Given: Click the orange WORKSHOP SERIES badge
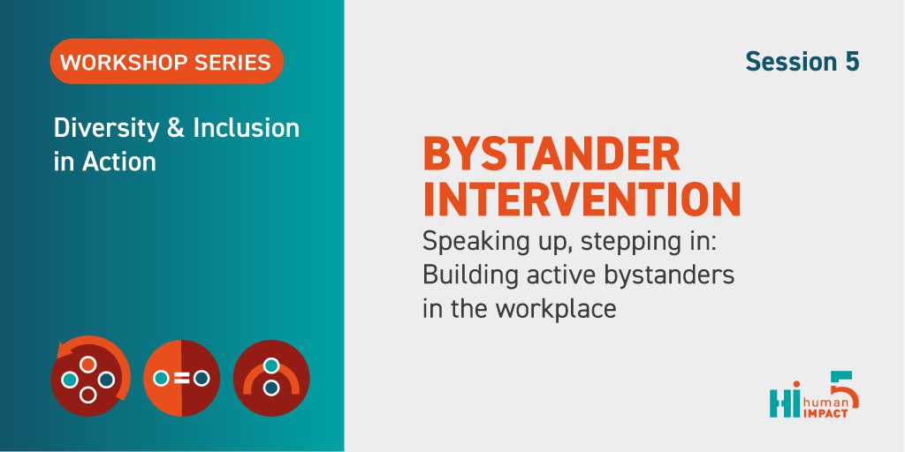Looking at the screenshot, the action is tap(166, 62).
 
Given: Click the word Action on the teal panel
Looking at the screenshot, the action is tap(119, 162).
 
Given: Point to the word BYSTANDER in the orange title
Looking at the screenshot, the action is tap(551, 154).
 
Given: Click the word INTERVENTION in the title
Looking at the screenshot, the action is tap(582, 199).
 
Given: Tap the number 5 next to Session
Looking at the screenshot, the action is tap(853, 62).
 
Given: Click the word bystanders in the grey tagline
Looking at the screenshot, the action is tap(670, 275).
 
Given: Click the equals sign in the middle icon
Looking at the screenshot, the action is tap(181, 378).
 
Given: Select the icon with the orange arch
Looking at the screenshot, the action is tap(271, 378).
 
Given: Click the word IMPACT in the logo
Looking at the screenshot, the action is tap(825, 413).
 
